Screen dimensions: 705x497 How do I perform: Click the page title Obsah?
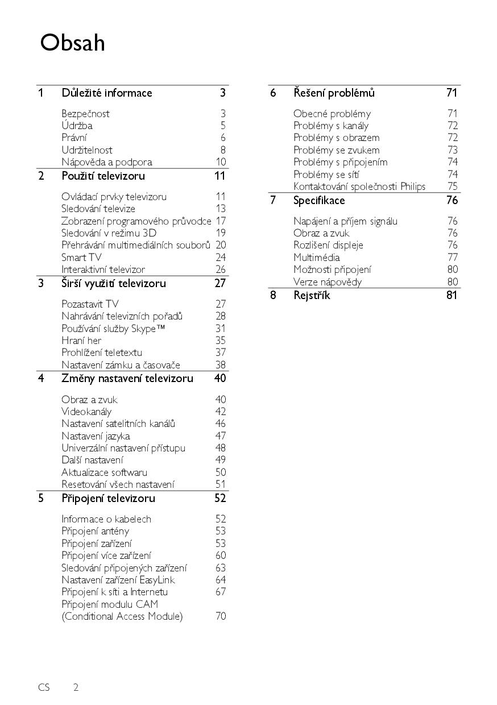click(x=72, y=43)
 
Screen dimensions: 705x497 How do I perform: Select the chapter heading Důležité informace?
click(x=107, y=93)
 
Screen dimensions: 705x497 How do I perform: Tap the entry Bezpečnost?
click(x=85, y=114)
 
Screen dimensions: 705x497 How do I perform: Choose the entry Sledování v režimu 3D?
click(x=109, y=233)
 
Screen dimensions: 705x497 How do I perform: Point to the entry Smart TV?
click(x=81, y=257)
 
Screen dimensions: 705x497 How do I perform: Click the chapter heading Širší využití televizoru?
click(x=114, y=283)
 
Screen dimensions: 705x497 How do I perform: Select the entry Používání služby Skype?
click(x=109, y=329)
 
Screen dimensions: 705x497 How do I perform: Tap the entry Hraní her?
click(x=81, y=341)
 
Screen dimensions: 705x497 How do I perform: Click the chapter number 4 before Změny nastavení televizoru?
click(x=41, y=379)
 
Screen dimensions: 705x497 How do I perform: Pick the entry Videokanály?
click(x=86, y=412)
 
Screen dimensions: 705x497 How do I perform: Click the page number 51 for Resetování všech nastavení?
click(x=220, y=484)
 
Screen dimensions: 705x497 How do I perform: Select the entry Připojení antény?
click(x=95, y=531)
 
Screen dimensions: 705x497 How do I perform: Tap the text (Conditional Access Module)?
click(x=122, y=616)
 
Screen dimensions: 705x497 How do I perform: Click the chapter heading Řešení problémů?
click(x=334, y=93)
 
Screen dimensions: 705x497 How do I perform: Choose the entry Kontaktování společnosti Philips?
click(x=359, y=186)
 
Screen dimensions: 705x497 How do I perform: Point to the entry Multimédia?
click(x=317, y=257)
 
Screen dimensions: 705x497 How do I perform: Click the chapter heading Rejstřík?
click(x=312, y=295)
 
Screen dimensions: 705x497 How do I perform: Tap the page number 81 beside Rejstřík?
click(x=452, y=295)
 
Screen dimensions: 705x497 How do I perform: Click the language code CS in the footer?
click(x=44, y=687)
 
